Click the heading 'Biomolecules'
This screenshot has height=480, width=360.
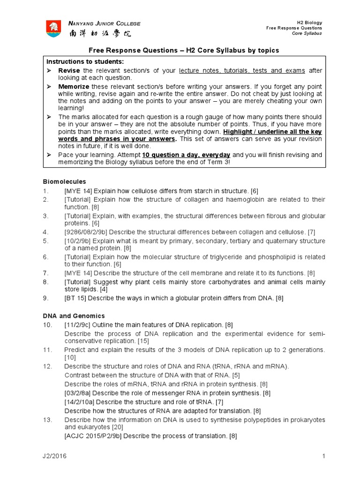click(64, 181)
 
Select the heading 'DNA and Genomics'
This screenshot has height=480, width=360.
click(74, 316)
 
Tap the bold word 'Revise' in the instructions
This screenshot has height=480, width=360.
click(69, 70)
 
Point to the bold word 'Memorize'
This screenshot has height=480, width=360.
click(74, 87)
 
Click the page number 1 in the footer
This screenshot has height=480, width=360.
click(323, 456)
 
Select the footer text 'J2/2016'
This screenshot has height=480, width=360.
click(53, 456)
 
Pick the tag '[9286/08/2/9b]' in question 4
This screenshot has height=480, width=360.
click(86, 232)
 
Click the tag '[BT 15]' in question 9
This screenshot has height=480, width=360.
click(75, 298)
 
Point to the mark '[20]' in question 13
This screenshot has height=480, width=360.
click(117, 427)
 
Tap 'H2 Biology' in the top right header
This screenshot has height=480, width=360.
click(310, 22)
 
